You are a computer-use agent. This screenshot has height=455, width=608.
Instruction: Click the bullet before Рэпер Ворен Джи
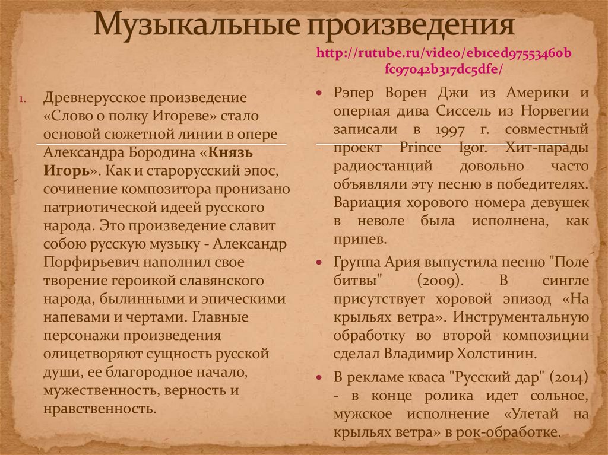pyautogui.click(x=319, y=94)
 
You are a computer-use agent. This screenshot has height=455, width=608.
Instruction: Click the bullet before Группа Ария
pyautogui.click(x=319, y=262)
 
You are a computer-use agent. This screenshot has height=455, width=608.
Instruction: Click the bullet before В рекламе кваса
pyautogui.click(x=319, y=377)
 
